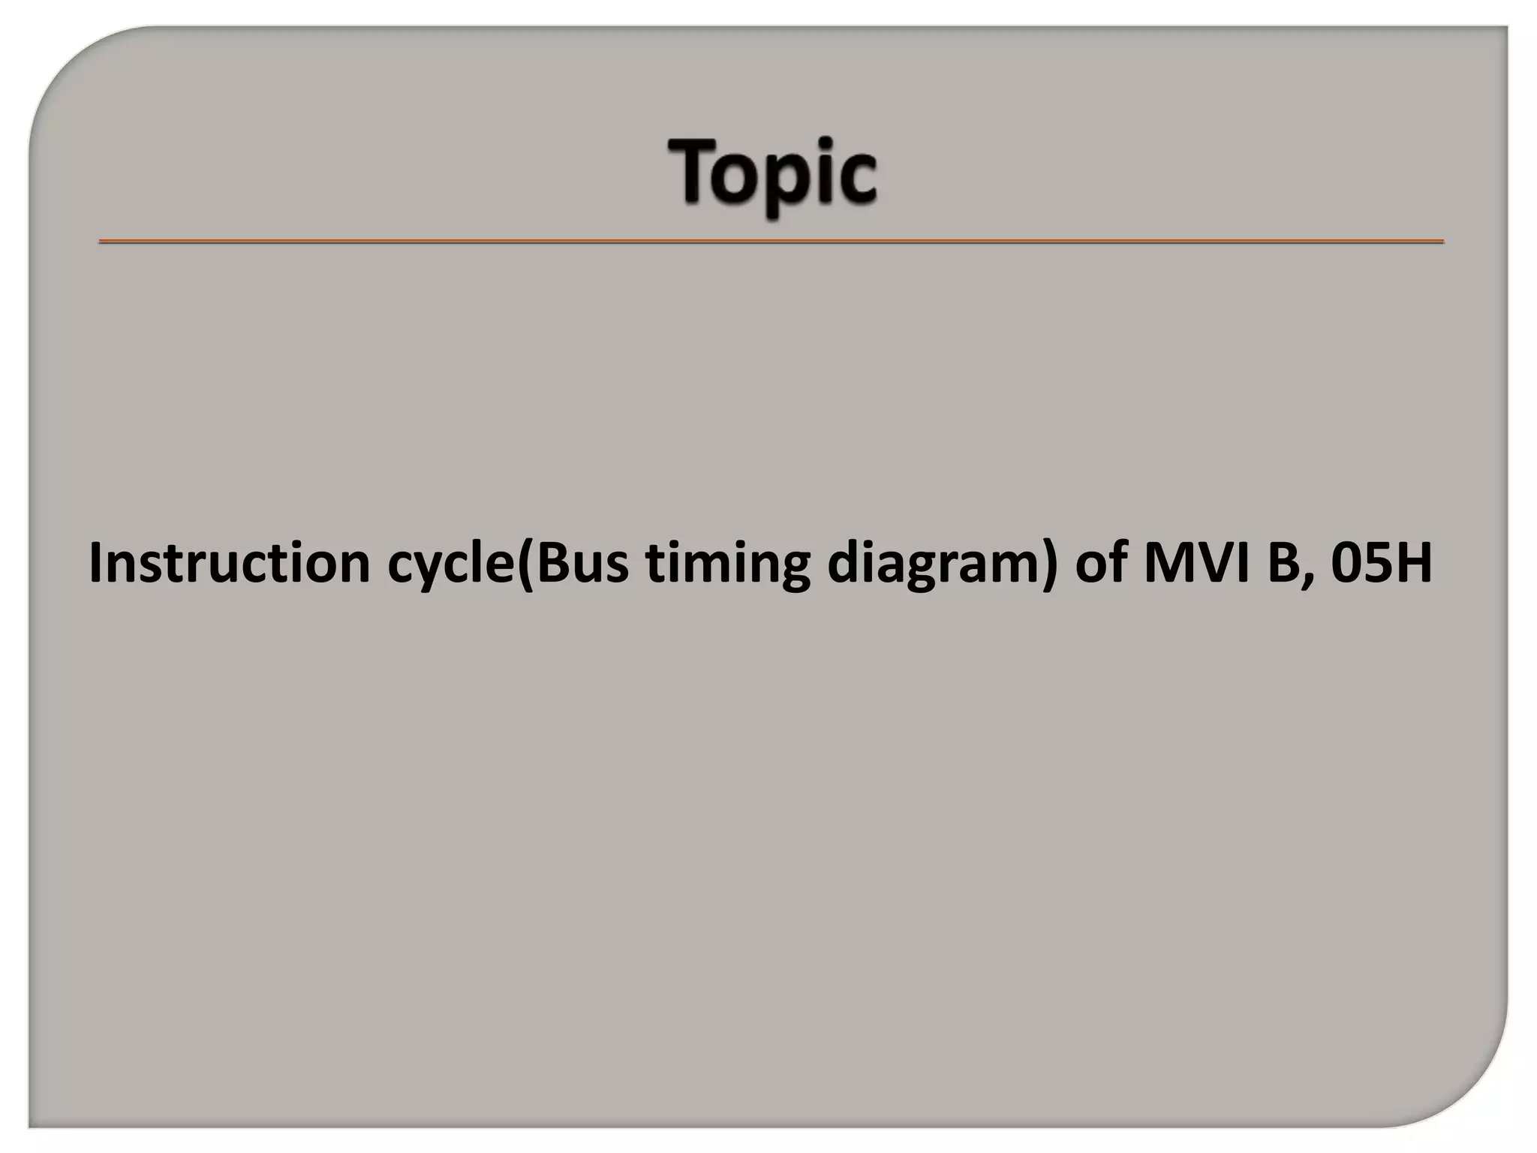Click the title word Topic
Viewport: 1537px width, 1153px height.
click(772, 173)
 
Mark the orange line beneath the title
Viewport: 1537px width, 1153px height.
click(771, 242)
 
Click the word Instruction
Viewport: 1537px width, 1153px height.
click(229, 563)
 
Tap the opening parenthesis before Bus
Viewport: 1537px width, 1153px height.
click(525, 564)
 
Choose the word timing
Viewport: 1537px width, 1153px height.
click(728, 564)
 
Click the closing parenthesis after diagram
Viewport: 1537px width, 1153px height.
click(1051, 564)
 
